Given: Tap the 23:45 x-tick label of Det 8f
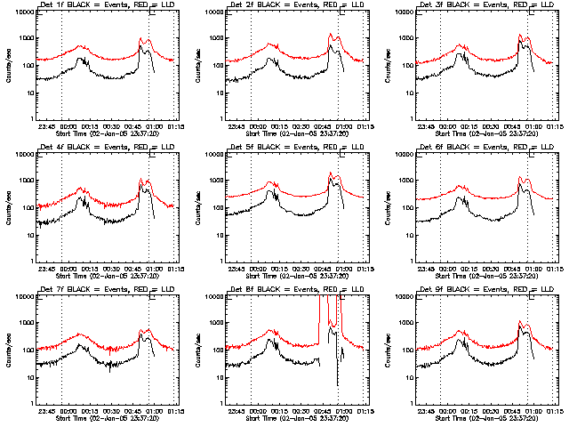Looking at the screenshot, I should pos(236,410).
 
